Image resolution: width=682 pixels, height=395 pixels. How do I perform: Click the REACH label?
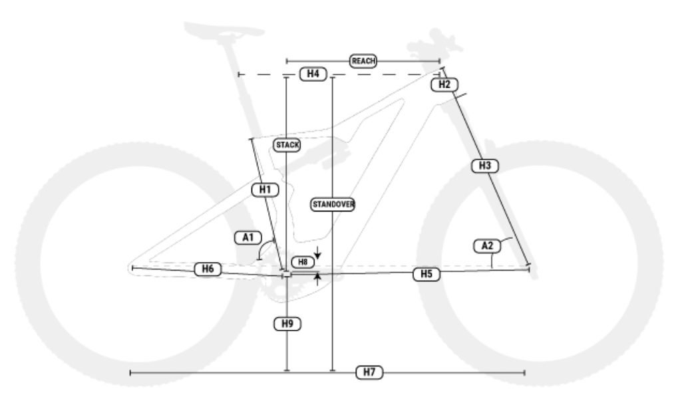363,61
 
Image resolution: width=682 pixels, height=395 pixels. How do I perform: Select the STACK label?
287,145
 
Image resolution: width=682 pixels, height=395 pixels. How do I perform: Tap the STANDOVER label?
333,205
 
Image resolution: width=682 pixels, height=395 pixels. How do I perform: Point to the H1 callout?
264,190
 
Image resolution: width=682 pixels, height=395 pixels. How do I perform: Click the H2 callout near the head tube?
444,84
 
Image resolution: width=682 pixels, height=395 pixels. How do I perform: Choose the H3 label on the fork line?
485,165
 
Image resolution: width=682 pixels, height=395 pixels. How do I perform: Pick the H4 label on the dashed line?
313,74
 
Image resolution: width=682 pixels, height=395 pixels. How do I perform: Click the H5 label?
426,274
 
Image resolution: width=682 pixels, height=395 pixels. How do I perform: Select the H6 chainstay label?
208,269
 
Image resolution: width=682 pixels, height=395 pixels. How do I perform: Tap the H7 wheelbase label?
369,373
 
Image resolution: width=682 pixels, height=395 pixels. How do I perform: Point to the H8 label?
303,262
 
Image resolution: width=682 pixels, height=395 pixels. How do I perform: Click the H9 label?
287,324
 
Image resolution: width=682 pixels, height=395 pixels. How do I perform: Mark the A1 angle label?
248,236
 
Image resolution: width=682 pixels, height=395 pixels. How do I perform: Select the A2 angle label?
487,246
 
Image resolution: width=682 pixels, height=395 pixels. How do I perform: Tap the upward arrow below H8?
319,279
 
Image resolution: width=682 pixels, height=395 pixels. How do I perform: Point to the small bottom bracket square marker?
286,273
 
